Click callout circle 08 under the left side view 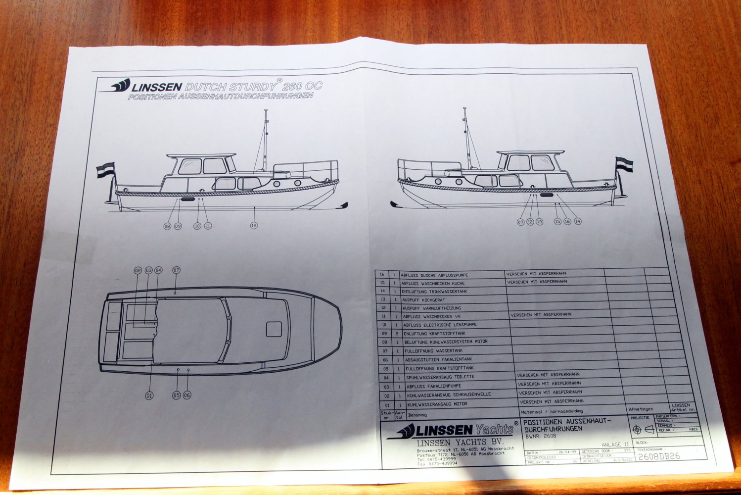pos(167,226)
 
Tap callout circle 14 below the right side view pos(577,221)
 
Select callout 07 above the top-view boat pos(176,270)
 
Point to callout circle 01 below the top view pos(149,396)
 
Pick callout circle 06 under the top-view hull pos(186,396)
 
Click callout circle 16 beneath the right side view pos(567,221)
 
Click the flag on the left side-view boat pos(105,170)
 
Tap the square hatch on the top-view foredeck pos(274,329)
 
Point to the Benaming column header pos(417,415)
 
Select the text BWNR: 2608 pos(541,437)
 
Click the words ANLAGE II pos(615,445)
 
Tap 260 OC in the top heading pos(303,86)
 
